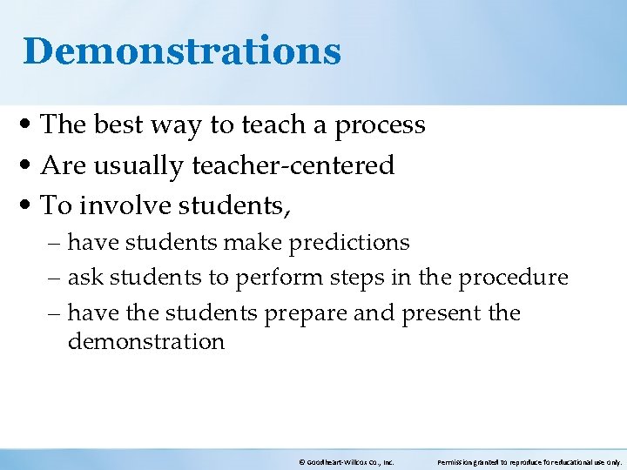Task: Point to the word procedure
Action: coord(513,279)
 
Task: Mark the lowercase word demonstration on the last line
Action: coord(145,341)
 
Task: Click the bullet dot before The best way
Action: coord(30,126)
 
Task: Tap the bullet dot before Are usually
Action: coord(30,166)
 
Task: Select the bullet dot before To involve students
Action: coord(30,206)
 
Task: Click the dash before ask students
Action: coord(57,279)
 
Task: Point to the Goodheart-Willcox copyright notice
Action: coord(346,463)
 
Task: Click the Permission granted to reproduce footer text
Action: coord(529,463)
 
